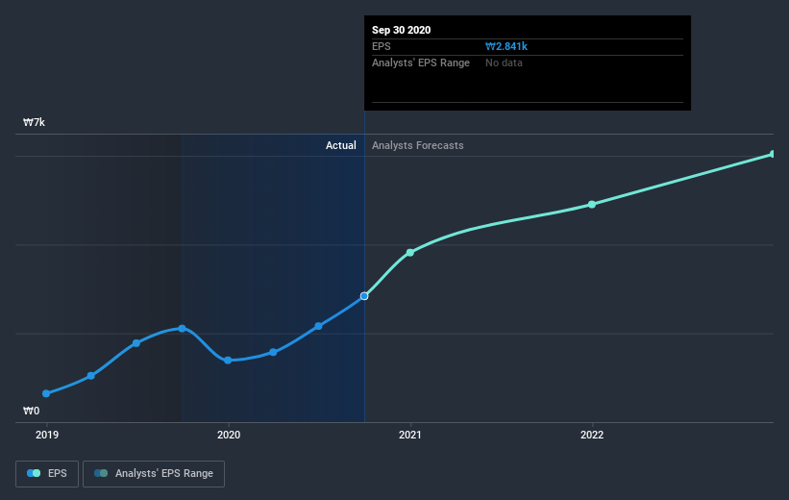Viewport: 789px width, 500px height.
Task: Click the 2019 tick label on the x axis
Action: click(46, 435)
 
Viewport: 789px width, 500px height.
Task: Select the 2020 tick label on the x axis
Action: click(229, 435)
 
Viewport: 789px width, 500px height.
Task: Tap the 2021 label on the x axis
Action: click(410, 435)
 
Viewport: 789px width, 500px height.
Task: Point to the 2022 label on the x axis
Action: click(592, 435)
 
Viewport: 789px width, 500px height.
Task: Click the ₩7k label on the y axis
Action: click(35, 123)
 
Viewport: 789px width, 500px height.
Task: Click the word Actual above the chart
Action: click(340, 145)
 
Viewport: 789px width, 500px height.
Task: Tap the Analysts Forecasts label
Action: click(417, 145)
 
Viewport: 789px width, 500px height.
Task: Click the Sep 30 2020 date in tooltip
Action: click(402, 30)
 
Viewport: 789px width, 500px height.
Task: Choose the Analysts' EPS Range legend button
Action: click(154, 473)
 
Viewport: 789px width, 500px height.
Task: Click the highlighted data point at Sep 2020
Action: click(364, 296)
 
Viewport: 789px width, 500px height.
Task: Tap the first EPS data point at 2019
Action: click(46, 393)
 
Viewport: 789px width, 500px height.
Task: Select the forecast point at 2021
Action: click(410, 252)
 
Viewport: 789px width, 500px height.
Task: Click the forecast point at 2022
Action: click(592, 204)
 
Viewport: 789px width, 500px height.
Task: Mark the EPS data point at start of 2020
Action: click(228, 361)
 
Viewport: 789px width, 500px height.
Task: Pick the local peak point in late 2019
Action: click(182, 329)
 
